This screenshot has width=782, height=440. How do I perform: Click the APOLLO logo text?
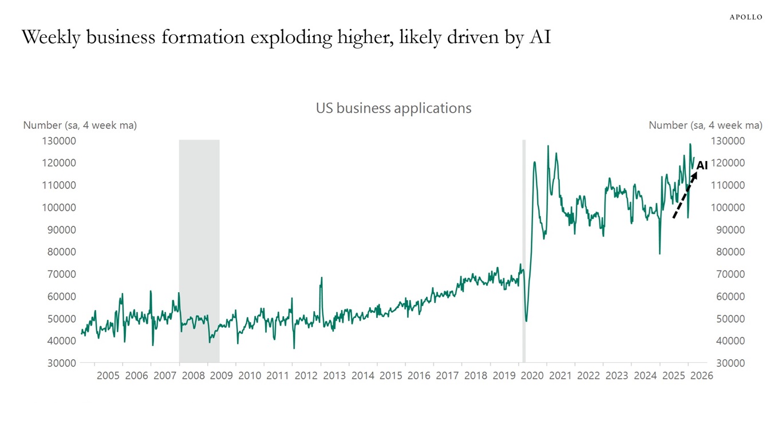coord(745,17)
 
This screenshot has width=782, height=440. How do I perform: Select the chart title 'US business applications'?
coord(393,108)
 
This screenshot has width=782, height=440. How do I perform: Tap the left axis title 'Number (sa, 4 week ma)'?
coord(80,125)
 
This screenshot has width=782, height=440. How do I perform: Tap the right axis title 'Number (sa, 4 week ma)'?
coord(705,125)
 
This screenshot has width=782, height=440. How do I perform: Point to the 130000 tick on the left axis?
coord(59,141)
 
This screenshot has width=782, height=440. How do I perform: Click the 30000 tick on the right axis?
coord(728,363)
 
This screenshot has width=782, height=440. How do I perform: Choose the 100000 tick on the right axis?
coord(728,207)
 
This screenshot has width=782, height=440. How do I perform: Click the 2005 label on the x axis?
coord(108,376)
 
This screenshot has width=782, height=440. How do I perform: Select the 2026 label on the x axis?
coord(701,376)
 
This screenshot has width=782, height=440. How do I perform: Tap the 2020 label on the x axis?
coord(532,376)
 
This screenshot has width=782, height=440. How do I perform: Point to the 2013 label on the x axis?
coord(334,376)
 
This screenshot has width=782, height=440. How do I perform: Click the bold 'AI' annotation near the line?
coord(702,166)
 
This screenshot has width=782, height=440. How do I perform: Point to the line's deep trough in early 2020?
coord(526,320)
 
